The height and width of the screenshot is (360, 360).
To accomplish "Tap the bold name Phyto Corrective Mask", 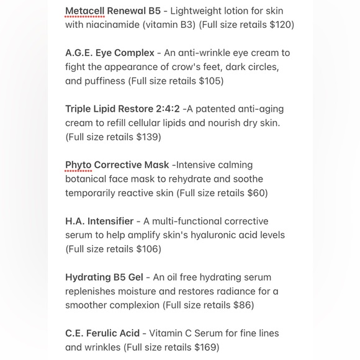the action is [x=117, y=165].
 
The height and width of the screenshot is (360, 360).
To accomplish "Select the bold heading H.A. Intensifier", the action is [x=99, y=221].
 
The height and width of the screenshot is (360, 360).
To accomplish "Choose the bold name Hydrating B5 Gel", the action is [x=104, y=277].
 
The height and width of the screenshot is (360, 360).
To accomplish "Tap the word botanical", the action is [x=86, y=179].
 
